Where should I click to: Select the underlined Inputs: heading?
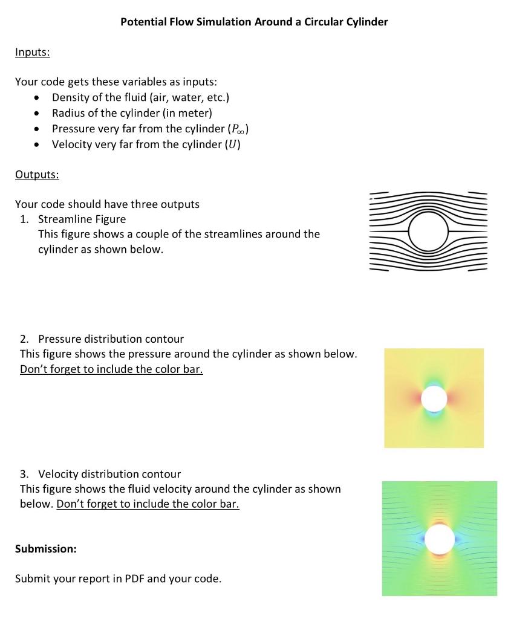(32, 53)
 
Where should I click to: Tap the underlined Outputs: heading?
(36, 175)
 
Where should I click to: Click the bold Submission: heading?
(45, 549)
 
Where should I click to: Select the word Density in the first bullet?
(71, 97)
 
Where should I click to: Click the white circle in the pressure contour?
(434, 398)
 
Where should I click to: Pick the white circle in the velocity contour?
(440, 539)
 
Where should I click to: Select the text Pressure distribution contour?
(111, 339)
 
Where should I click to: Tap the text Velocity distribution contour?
(109, 474)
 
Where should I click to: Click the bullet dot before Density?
(39, 98)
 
